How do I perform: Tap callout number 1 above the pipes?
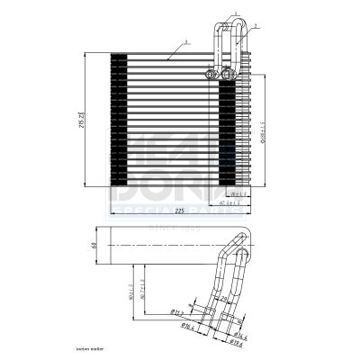pos(234,13)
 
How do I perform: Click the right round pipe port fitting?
pos(229,73)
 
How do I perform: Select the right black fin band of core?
pos(228,126)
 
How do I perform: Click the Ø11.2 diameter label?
pos(178,314)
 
